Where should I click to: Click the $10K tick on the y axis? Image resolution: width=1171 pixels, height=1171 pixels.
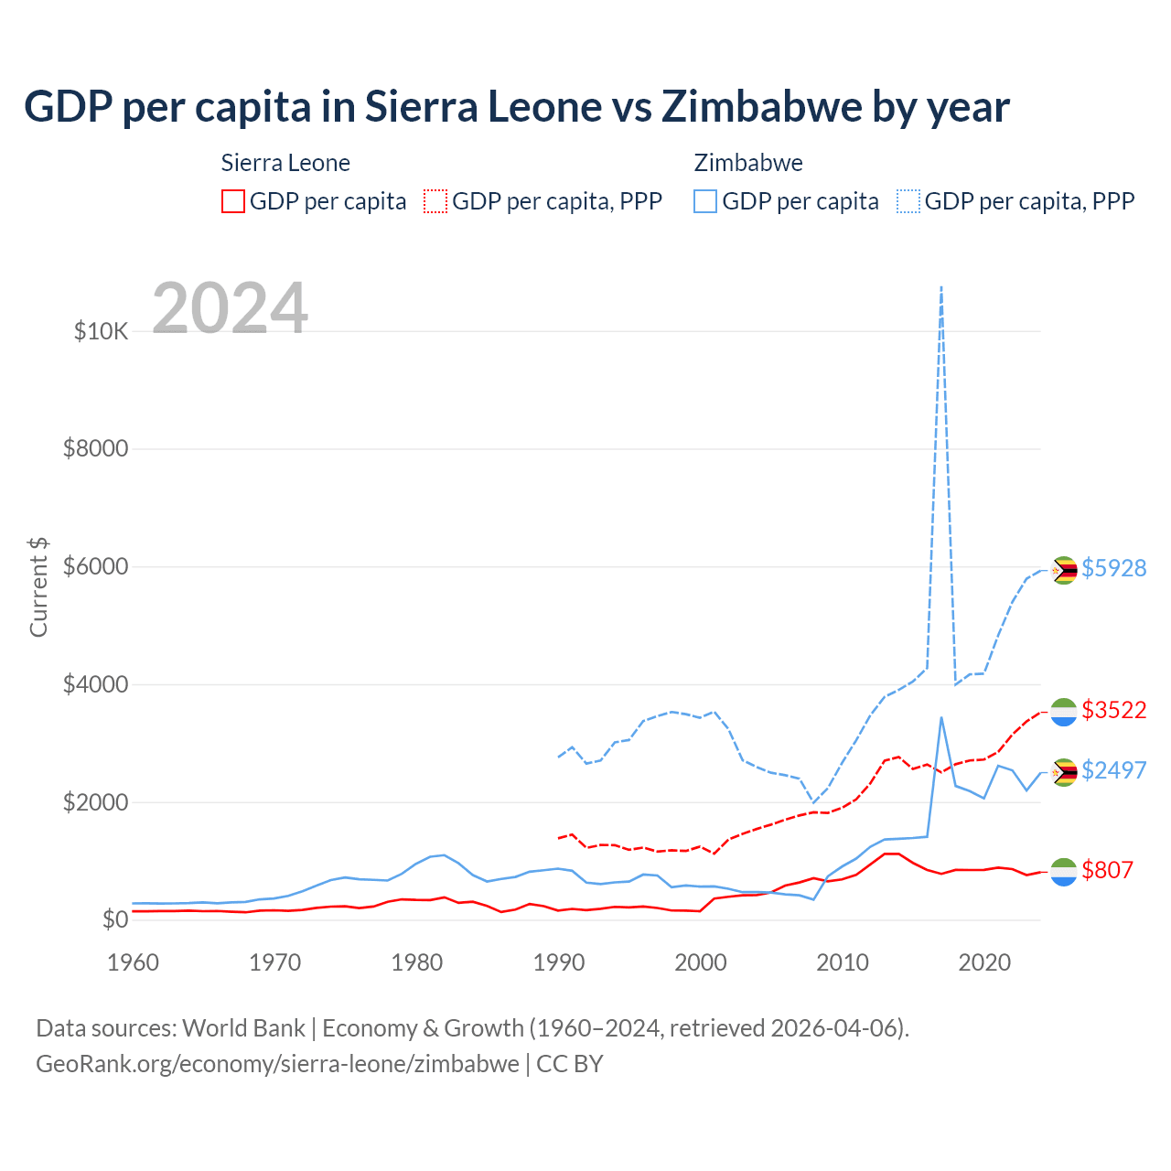101,331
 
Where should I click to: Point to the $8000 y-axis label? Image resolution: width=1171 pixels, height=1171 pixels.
95,449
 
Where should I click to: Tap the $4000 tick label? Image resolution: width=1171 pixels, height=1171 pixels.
95,685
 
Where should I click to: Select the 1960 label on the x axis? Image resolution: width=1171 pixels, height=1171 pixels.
134,962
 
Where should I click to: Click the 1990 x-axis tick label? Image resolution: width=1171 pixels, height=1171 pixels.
559,962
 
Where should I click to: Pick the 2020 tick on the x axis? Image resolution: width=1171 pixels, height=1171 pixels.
984,962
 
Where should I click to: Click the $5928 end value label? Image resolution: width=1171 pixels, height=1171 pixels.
1113,568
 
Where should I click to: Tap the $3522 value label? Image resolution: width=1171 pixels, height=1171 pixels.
1113,710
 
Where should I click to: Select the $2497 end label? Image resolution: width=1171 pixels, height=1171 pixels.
1113,770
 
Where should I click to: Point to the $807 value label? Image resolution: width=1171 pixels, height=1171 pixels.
1107,870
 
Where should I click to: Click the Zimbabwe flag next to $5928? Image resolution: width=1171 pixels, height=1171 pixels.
1063,570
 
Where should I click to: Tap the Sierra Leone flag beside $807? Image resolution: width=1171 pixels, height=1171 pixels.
1063,872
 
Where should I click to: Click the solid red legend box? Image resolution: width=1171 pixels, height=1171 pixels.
233,201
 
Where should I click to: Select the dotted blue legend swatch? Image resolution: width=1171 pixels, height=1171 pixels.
908,201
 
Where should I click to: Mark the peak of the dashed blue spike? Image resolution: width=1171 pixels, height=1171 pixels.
941,287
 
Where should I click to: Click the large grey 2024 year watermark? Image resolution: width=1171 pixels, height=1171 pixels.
230,309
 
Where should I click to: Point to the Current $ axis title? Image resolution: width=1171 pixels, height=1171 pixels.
38,587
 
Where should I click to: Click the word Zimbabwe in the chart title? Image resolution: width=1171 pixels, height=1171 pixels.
761,106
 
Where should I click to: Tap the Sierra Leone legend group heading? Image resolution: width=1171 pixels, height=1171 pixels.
285,163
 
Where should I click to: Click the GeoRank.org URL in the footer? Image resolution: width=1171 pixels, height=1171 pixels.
277,1064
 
